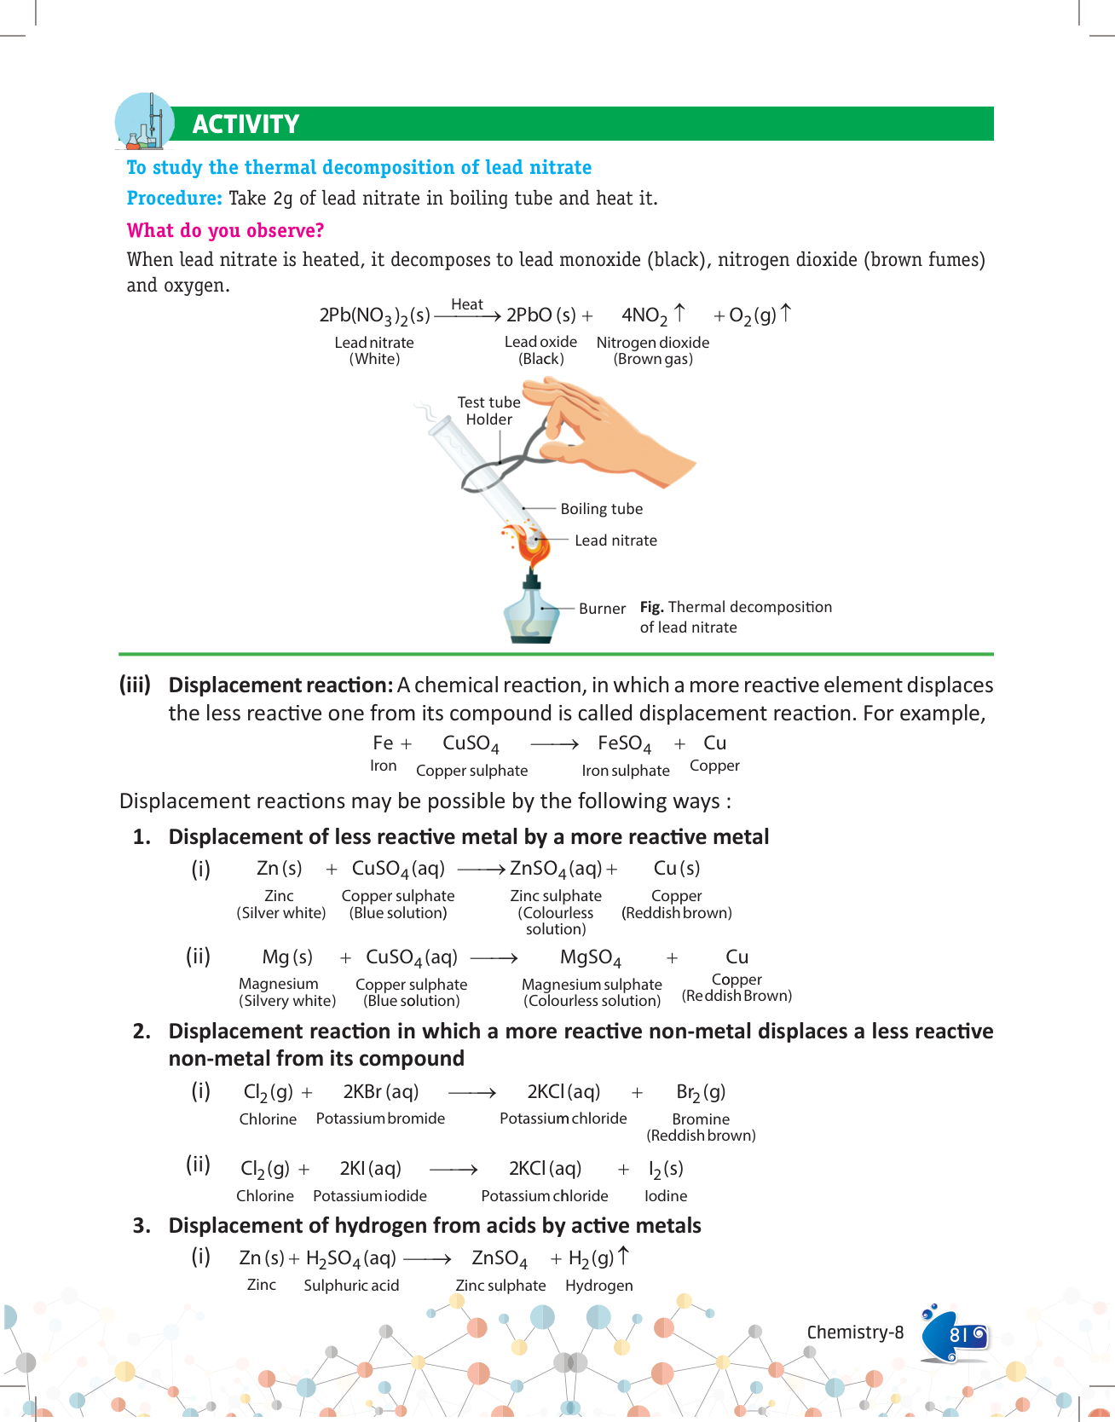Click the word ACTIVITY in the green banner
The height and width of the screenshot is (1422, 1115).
246,124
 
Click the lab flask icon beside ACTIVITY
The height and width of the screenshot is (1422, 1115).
144,123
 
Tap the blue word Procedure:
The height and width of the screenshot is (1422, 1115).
174,199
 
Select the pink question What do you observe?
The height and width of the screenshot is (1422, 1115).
225,231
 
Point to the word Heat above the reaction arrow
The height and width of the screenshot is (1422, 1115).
466,304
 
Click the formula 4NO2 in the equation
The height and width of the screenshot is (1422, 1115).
644,315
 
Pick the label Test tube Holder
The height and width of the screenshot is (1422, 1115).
488,411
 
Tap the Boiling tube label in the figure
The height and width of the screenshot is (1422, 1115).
601,509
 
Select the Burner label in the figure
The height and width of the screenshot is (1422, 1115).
602,609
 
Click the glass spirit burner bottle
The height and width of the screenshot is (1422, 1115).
532,612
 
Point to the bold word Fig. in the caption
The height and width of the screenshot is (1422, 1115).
651,607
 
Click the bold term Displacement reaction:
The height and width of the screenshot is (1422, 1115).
280,685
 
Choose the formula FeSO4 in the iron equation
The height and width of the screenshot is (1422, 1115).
624,744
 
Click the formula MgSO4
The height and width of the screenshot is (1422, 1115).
591,957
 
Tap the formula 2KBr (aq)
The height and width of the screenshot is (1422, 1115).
380,1092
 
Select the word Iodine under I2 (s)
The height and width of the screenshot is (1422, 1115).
666,1196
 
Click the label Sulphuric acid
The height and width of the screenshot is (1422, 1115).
351,1286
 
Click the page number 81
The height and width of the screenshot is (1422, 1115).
959,1335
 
